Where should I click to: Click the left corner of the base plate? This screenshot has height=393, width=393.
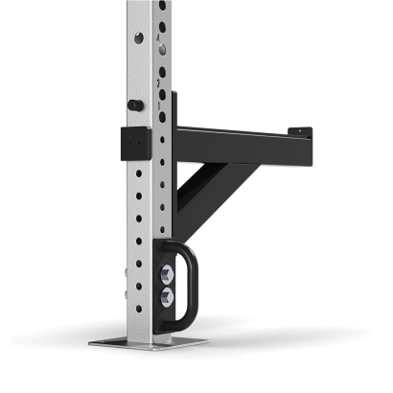click(91, 341)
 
